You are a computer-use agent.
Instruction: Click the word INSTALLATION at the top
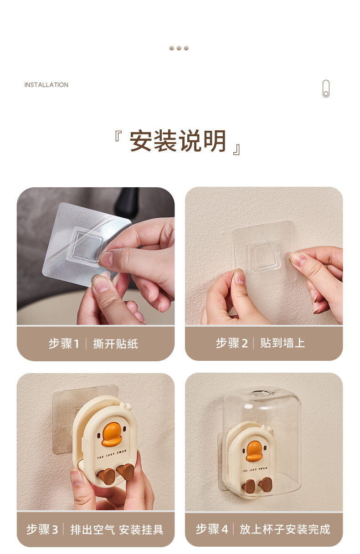[x=46, y=85]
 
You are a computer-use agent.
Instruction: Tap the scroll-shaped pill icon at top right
[x=325, y=89]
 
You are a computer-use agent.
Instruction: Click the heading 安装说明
[x=178, y=141]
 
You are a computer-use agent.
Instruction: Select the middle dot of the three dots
[x=179, y=48]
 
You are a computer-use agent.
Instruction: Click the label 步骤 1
[x=64, y=344]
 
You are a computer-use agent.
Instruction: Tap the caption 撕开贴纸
[x=115, y=344]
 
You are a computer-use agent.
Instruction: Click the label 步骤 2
[x=231, y=343]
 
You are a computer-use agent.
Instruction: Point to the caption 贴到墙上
[x=283, y=343]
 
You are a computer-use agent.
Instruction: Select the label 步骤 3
[x=42, y=529]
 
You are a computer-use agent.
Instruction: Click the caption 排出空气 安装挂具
[x=117, y=529]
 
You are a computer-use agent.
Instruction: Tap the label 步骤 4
[x=211, y=529]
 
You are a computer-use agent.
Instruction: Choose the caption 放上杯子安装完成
[x=285, y=529]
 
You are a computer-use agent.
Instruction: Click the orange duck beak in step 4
[x=254, y=451]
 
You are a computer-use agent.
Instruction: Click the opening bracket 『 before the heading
[x=118, y=136]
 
